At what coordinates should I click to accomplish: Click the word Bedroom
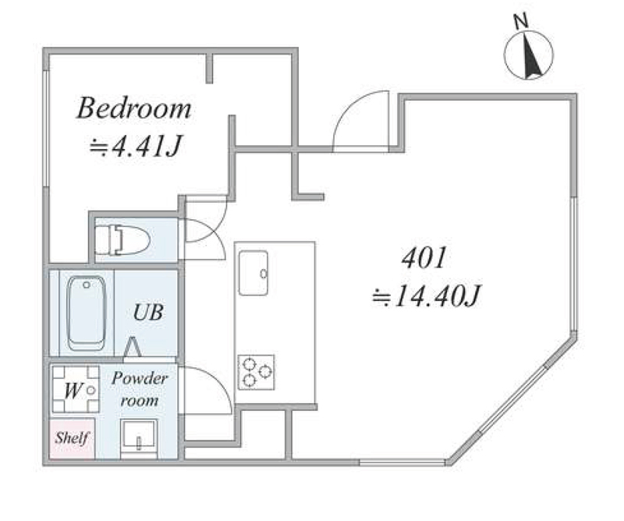pyautogui.click(x=134, y=108)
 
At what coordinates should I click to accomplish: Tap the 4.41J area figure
pyautogui.click(x=136, y=147)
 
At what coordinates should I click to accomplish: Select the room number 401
pyautogui.click(x=424, y=258)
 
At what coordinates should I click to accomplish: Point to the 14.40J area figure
pyautogui.click(x=427, y=296)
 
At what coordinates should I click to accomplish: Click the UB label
pyautogui.click(x=148, y=313)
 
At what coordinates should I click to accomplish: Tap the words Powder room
pyautogui.click(x=140, y=389)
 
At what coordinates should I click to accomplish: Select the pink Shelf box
pyautogui.click(x=72, y=438)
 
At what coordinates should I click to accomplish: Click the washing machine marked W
pyautogui.click(x=76, y=389)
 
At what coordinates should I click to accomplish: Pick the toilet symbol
pyautogui.click(x=122, y=240)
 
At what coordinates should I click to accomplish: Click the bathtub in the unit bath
pyautogui.click(x=87, y=314)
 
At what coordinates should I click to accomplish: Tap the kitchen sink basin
pyautogui.click(x=253, y=273)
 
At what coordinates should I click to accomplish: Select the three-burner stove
pyautogui.click(x=257, y=372)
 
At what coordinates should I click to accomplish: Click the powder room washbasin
pyautogui.click(x=139, y=437)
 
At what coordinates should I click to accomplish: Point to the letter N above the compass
pyautogui.click(x=520, y=21)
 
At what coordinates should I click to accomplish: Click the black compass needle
pyautogui.click(x=531, y=56)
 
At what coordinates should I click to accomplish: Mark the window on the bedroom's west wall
pyautogui.click(x=47, y=128)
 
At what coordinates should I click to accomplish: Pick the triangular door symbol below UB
pyautogui.click(x=132, y=347)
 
